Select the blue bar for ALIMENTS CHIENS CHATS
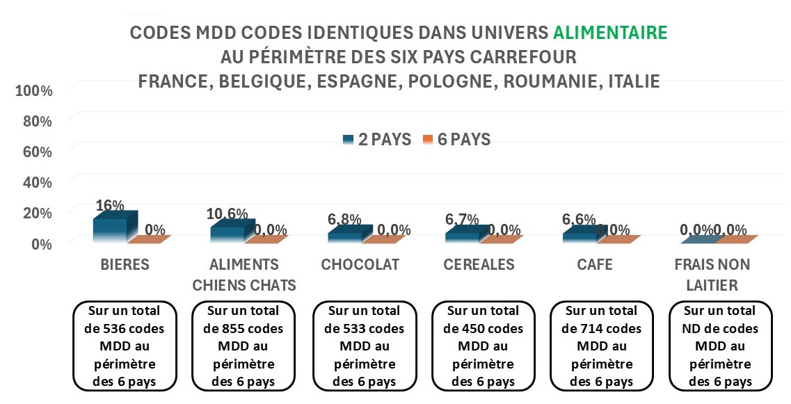pos(227,234)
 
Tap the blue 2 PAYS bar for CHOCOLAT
pos(344,236)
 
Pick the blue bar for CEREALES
pos(462,236)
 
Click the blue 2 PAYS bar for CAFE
pos(579,236)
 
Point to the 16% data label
pos(110,205)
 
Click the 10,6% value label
pos(226,213)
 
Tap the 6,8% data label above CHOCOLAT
pos(344,219)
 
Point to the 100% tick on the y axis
pos(33,90)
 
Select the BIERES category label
pos(125,265)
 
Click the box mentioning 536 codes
pos(125,346)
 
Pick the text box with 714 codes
pos(601,346)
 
